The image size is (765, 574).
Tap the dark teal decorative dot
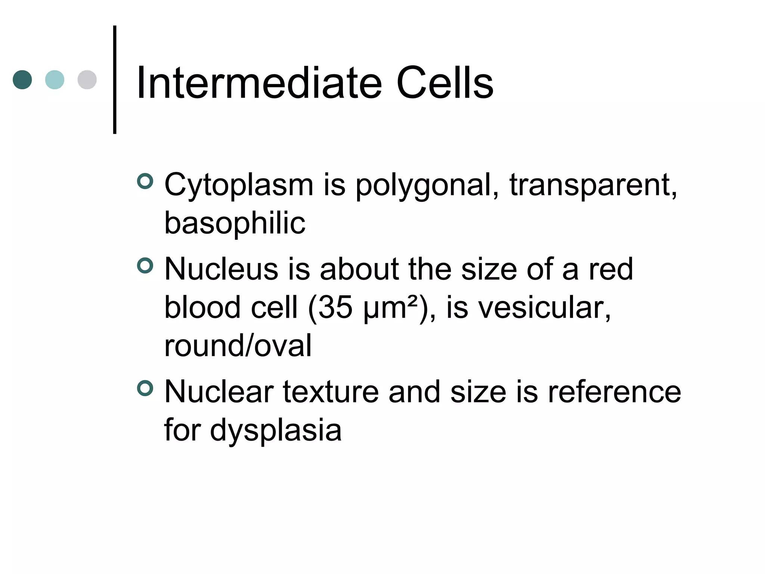point(22,80)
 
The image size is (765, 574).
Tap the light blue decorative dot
point(55,80)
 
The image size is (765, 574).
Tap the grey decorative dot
point(87,80)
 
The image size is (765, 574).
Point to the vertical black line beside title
point(115,80)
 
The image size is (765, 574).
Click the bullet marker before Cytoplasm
point(145,181)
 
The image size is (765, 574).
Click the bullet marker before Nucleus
point(145,266)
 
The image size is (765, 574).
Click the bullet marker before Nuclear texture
point(145,388)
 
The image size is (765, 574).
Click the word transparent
point(592,185)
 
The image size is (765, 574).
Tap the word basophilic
point(235,223)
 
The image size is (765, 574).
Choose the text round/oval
point(238,346)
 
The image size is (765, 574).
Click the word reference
point(614,392)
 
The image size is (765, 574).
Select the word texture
point(331,392)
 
